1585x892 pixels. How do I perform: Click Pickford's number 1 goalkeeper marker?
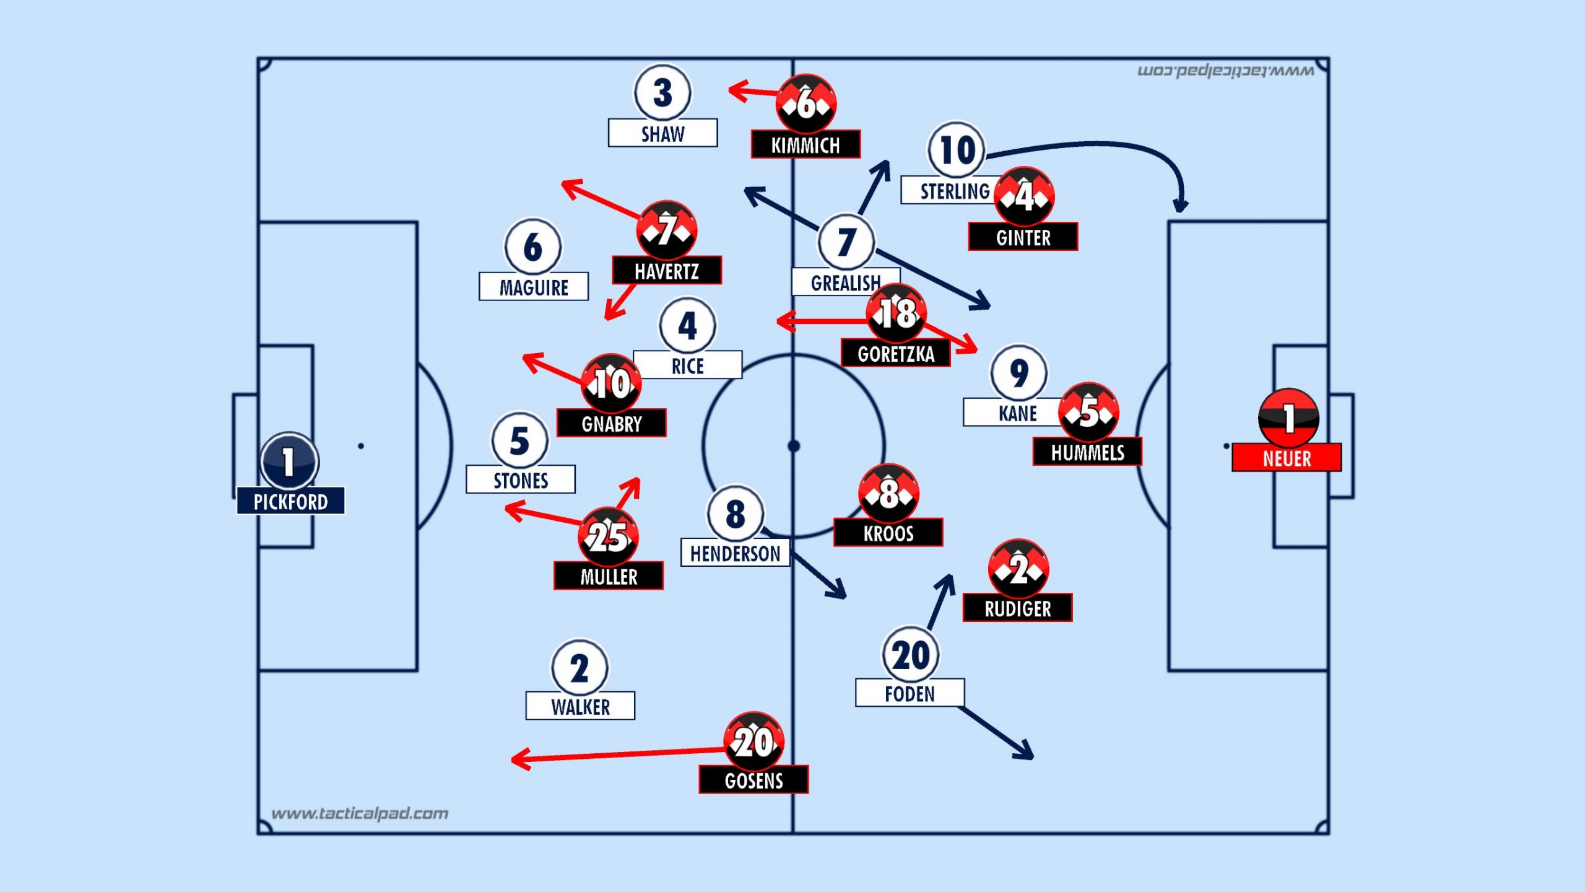(x=289, y=461)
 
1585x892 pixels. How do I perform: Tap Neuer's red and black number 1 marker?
(x=1288, y=418)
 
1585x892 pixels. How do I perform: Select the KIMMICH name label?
(x=806, y=145)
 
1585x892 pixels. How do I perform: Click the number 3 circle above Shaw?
(x=662, y=93)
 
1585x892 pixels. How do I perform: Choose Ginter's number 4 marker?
(x=1024, y=196)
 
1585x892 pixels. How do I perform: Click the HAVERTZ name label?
(x=667, y=271)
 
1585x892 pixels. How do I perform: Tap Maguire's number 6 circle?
(x=533, y=247)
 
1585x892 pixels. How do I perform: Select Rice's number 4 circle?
(x=688, y=326)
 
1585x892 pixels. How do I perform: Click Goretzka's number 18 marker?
(x=896, y=313)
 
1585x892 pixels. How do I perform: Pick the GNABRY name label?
(x=612, y=424)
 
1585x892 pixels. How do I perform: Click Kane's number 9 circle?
(x=1018, y=373)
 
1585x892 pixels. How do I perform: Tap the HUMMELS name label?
(x=1087, y=452)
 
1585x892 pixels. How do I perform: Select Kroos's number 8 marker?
(x=888, y=493)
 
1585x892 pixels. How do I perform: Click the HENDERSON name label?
(x=735, y=553)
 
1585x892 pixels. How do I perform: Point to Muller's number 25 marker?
(x=608, y=536)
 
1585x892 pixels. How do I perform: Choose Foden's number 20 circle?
(x=911, y=655)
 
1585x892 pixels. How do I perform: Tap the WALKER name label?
(x=580, y=706)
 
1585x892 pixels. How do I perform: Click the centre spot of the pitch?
(x=793, y=446)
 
